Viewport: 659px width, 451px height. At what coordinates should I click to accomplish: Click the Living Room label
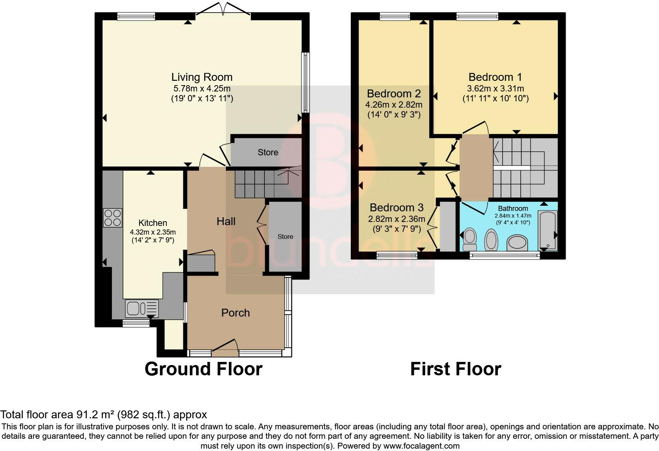click(202, 77)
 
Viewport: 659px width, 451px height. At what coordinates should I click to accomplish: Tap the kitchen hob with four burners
click(112, 218)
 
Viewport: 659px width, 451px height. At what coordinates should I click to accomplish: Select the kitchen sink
click(142, 309)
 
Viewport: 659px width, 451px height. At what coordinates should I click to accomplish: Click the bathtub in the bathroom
click(547, 230)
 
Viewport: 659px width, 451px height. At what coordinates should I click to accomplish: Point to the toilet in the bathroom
click(470, 239)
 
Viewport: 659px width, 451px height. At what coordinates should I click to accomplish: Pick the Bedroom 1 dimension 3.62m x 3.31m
click(495, 88)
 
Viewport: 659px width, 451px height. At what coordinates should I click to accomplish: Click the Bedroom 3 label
click(397, 208)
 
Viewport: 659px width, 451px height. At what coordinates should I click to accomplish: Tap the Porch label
click(235, 313)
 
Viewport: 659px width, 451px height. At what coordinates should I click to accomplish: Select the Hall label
click(226, 221)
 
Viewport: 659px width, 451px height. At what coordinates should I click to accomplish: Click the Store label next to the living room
click(268, 152)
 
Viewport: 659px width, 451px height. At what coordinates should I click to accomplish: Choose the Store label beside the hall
click(285, 237)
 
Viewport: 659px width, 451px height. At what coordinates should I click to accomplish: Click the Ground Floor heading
click(203, 369)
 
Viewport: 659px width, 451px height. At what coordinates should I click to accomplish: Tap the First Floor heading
click(456, 369)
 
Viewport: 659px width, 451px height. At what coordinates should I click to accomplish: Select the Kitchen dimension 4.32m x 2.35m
click(153, 232)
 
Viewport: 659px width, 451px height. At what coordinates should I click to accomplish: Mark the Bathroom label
click(513, 208)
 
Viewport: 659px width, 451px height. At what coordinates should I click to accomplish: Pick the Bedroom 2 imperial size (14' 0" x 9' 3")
click(394, 114)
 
